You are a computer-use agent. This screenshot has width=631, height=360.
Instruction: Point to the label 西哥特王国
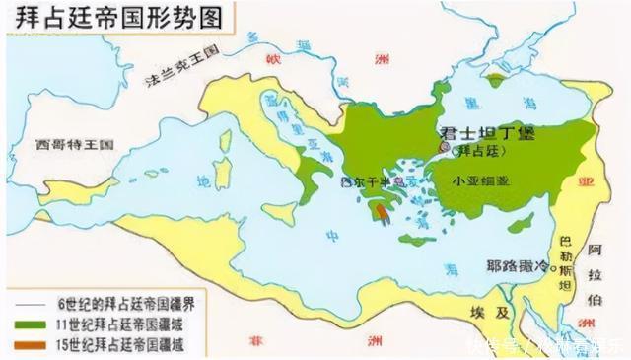pos(74,144)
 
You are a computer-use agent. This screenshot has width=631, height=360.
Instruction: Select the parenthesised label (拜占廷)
pos(477,152)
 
